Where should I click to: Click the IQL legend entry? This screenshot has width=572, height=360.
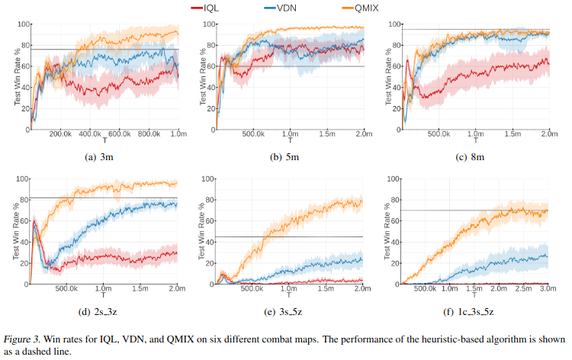214,7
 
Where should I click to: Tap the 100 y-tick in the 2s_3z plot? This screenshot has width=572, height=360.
21,178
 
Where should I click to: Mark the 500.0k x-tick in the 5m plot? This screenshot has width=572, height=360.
252,133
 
